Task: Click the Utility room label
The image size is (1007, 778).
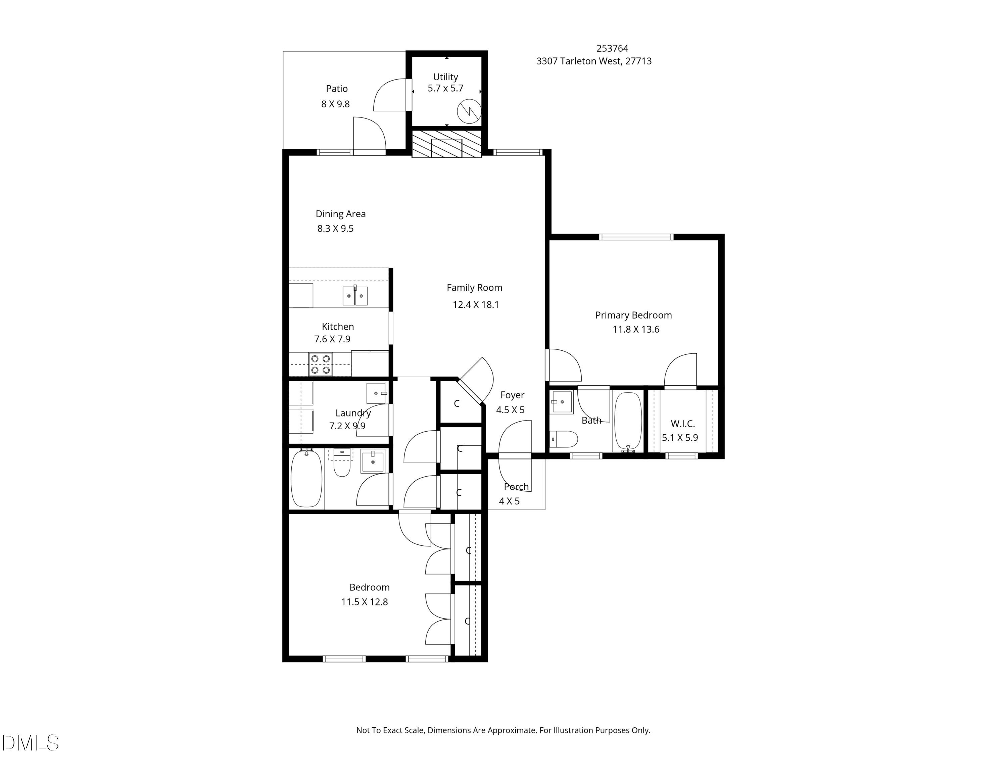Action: coord(445,77)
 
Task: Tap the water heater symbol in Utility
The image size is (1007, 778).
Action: coord(469,111)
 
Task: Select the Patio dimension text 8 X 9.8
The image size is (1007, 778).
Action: coord(336,104)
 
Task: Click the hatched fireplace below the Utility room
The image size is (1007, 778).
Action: coord(446,144)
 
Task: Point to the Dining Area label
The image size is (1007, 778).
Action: coord(340,214)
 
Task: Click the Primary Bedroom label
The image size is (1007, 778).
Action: coord(633,315)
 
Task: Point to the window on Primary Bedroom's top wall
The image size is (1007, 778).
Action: coord(636,237)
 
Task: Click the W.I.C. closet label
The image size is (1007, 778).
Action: coord(682,424)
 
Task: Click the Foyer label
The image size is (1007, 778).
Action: coord(512,395)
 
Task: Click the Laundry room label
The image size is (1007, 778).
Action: coord(353,413)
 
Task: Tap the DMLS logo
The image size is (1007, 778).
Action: coord(31,743)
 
